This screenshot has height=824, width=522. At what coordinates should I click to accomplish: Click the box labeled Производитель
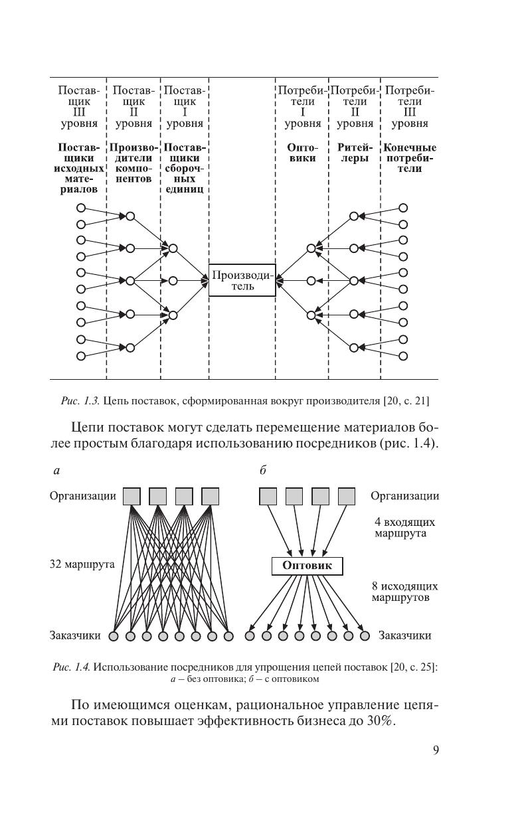(242, 280)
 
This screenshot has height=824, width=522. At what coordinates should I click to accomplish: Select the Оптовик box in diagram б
(307, 566)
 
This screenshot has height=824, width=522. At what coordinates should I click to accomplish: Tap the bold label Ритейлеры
(355, 153)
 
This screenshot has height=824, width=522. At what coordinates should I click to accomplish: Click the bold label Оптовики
(302, 153)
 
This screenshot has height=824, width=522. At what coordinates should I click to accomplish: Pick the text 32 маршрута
(82, 564)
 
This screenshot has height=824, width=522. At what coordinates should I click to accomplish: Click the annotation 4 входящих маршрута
(400, 528)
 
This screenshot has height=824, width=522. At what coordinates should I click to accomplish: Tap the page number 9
(435, 751)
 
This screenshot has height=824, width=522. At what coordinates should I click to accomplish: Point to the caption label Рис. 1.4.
(71, 667)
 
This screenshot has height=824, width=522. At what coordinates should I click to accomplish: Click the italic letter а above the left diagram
(56, 471)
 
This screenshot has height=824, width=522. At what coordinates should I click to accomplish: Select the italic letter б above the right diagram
(263, 471)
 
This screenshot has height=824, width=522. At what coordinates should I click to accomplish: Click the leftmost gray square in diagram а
(132, 496)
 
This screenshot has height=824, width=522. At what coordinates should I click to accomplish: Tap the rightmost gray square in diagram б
(347, 496)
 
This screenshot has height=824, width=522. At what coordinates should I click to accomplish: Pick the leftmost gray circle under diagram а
(114, 636)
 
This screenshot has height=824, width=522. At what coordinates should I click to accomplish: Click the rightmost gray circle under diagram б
(365, 635)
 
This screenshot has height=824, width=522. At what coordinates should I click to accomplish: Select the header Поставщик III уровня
(78, 106)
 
